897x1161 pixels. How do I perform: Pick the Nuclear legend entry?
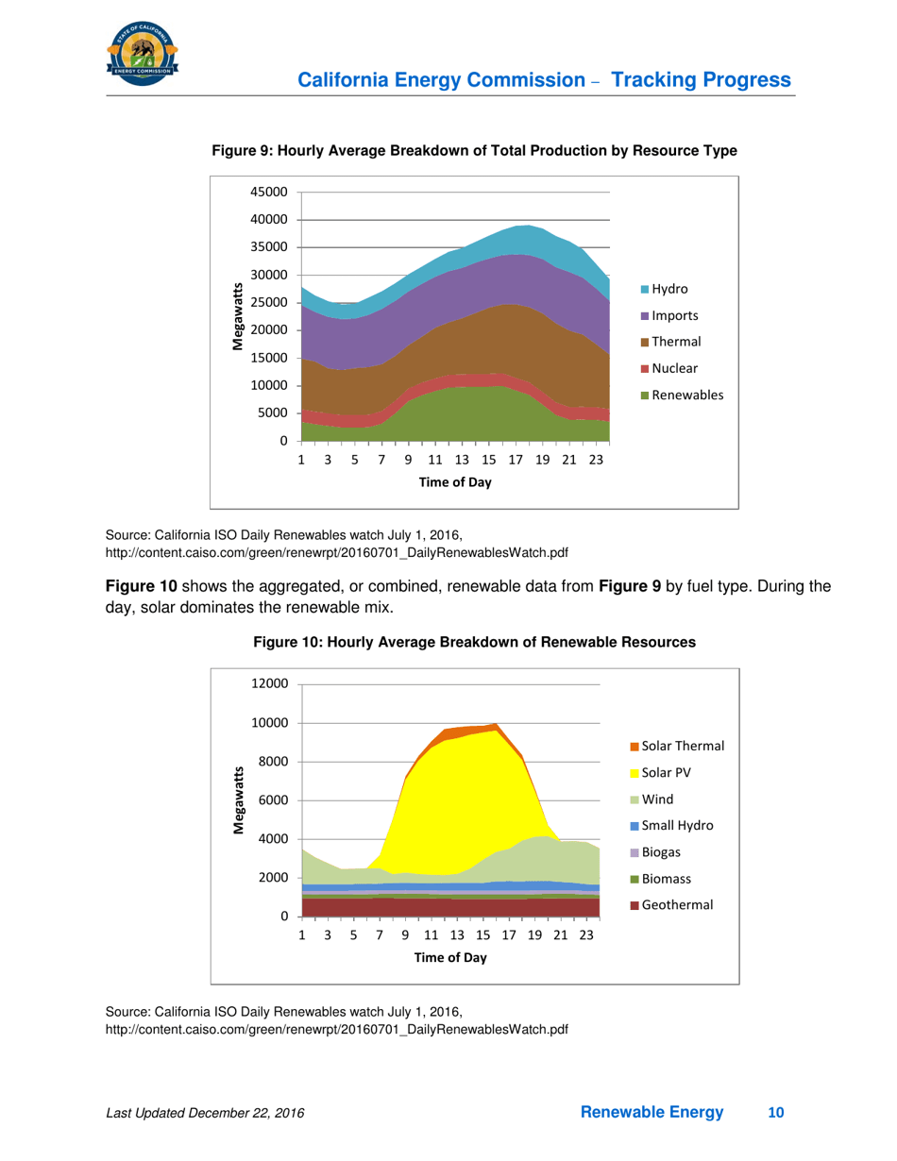(669, 368)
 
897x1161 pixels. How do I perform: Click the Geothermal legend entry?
(674, 904)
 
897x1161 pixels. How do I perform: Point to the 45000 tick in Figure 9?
(268, 192)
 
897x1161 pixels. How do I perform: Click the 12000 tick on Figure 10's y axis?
(268, 684)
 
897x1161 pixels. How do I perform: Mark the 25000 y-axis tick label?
(268, 302)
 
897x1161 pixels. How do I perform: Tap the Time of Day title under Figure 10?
(449, 956)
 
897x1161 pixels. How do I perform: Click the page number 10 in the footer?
(776, 1114)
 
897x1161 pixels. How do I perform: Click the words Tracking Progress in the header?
(702, 80)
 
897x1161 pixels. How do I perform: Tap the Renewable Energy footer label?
(652, 1114)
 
